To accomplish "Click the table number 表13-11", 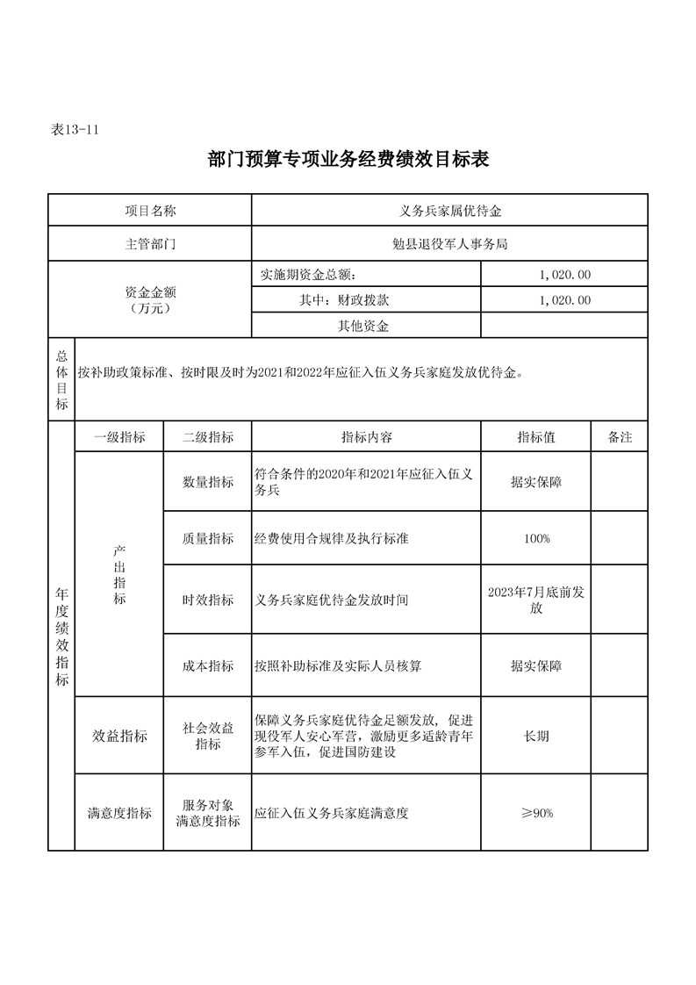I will [74, 129].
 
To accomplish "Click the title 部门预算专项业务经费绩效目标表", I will [348, 160].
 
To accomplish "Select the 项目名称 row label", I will [149, 211].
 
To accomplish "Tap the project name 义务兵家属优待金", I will [449, 211].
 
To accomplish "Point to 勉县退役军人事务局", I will [449, 244].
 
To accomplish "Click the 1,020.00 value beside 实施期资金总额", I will [565, 275].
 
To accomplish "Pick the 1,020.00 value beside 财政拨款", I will [565, 300].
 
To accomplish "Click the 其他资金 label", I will [363, 327].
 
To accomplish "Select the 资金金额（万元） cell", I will [149, 300].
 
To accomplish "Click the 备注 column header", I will [620, 437].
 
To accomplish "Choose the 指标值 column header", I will [536, 437].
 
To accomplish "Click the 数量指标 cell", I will [207, 482].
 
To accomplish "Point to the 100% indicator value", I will [536, 539].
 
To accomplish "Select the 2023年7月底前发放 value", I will [536, 600].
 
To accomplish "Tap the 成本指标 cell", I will [207, 666].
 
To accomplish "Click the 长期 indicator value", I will [536, 736].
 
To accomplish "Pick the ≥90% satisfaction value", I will [536, 814].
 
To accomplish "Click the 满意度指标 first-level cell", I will [119, 814].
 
